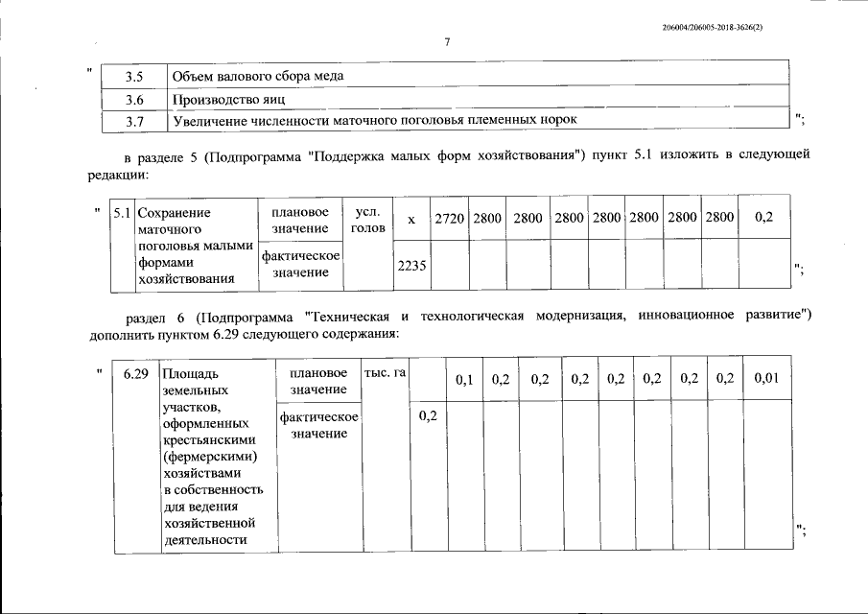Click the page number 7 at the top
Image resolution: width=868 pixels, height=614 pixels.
pos(447,41)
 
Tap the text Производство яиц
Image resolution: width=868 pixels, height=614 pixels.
pos(228,99)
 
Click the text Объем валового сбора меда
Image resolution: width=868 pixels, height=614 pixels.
pos(257,75)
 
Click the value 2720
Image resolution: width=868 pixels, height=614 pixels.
pos(449,219)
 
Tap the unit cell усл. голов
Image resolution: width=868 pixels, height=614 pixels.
pos(369,220)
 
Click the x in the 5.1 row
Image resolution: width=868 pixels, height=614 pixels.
pos(411,220)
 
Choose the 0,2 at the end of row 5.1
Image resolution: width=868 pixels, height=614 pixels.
pos(764,218)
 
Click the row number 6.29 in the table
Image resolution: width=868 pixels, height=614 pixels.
pos(134,372)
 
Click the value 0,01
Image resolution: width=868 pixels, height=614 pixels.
pos(766,380)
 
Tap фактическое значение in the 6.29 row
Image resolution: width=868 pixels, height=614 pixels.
pos(317,426)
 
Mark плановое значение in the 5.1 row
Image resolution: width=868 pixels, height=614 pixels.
pos(299,220)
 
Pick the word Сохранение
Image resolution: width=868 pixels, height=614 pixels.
pos(174,213)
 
